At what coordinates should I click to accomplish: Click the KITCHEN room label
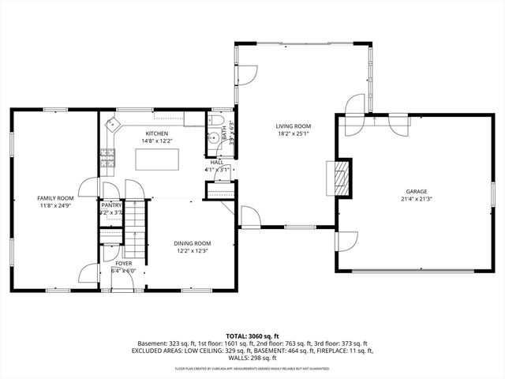coord(156,133)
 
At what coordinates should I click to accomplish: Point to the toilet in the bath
coord(216,120)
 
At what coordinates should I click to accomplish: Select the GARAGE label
coord(417,191)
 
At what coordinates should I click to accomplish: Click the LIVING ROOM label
coord(293,126)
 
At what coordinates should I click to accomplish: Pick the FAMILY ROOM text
coord(55,198)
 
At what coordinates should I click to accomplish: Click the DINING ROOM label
coord(193,243)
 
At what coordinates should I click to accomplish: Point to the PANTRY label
coord(111,205)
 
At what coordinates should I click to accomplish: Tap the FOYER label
coord(125,263)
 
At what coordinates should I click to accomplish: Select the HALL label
coord(217,162)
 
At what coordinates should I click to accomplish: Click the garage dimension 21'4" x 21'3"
coord(417,199)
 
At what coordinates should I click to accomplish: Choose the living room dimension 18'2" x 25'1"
coord(293,134)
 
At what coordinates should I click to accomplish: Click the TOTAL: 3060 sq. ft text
coord(252,336)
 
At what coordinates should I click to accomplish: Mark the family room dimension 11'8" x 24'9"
coord(55,206)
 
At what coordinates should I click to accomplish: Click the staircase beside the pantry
coord(137,230)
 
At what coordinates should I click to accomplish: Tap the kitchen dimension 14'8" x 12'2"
coord(156,141)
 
